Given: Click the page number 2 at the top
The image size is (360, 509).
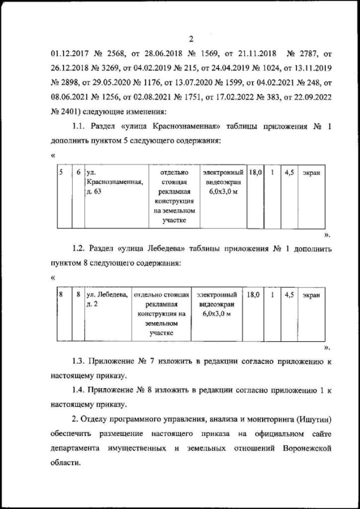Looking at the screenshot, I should [x=191, y=39].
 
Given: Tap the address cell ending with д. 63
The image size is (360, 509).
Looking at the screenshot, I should [x=115, y=183].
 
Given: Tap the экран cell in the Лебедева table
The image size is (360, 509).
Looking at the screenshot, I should [x=310, y=295].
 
